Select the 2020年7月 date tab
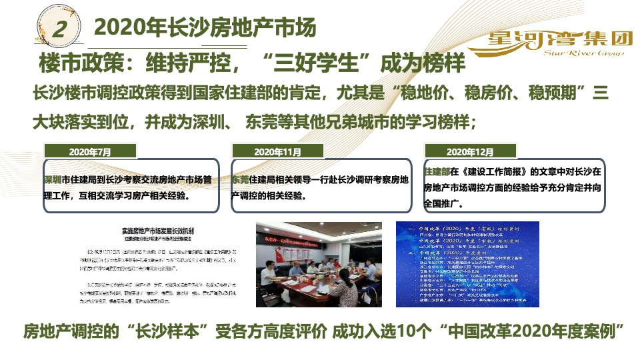pos(90,152)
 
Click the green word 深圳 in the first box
pos(52,180)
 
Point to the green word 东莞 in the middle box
pos(240,180)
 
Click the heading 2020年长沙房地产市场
pos(205,28)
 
